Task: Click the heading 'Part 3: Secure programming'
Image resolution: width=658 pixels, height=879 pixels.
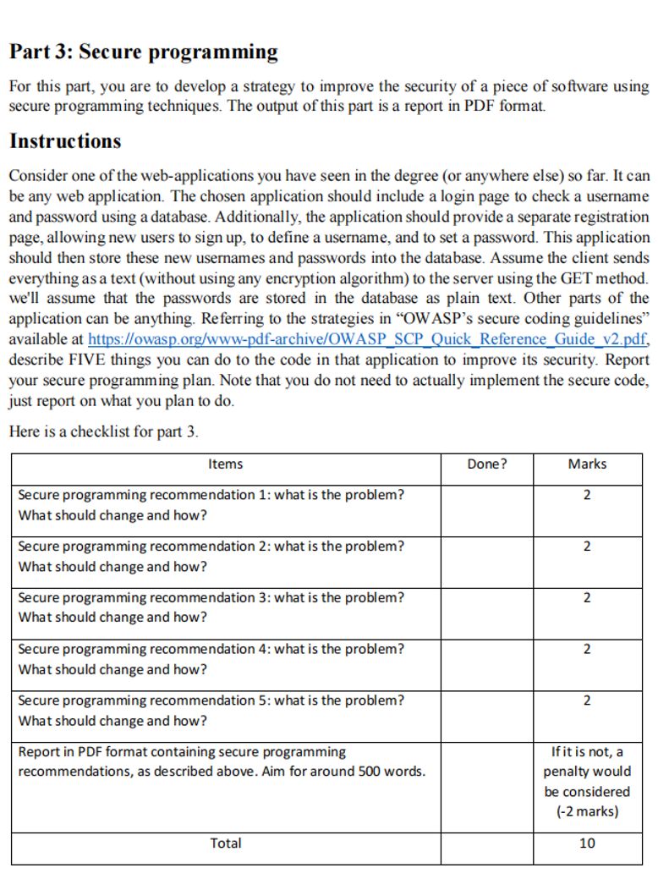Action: pos(143,52)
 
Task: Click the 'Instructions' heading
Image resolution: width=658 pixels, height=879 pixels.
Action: pos(65,141)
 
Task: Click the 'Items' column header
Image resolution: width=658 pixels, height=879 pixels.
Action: pos(225,464)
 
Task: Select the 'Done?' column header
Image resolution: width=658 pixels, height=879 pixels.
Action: pos(486,464)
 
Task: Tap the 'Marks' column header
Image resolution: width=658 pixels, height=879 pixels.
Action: pos(587,464)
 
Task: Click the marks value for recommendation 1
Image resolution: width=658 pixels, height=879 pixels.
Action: pos(587,495)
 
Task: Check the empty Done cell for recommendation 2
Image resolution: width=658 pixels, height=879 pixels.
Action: pos(486,557)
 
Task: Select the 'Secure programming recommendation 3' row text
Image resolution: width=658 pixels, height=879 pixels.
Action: pos(211,597)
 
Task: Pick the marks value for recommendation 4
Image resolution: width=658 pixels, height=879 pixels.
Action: pos(587,649)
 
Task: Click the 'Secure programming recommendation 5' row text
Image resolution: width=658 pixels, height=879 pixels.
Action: pos(211,700)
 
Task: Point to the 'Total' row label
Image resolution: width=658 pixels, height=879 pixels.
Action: pos(225,843)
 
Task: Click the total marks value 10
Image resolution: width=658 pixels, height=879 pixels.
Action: pos(587,843)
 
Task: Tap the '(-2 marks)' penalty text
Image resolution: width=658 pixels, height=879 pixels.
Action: pos(587,812)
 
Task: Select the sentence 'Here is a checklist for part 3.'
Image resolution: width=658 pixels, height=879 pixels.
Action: pos(103,431)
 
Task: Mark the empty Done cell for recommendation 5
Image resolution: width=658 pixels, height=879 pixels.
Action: pos(486,711)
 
